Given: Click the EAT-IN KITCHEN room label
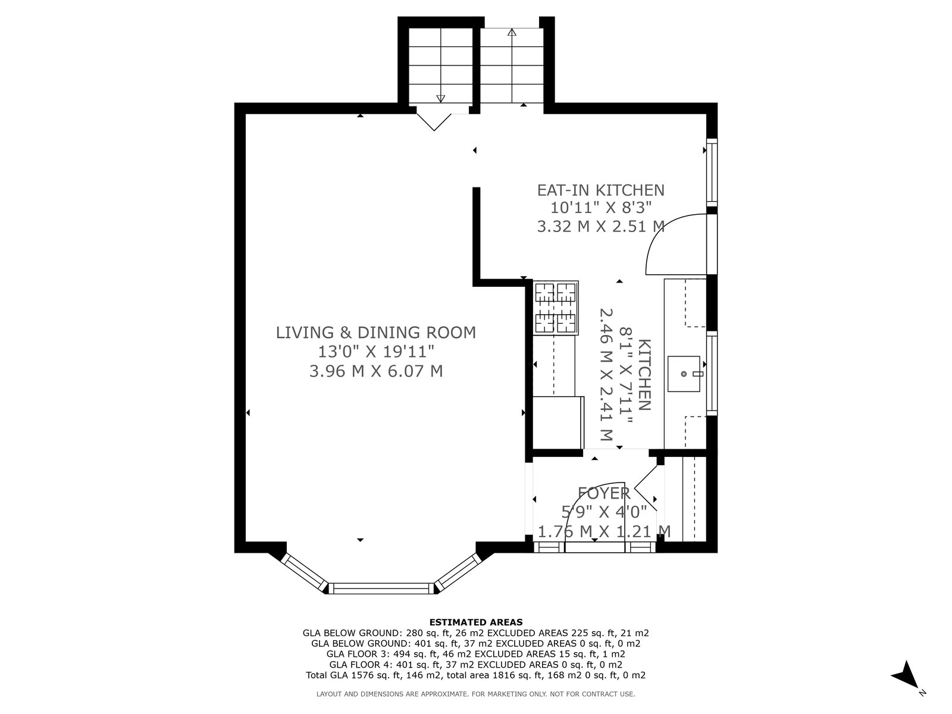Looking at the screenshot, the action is coord(601,190).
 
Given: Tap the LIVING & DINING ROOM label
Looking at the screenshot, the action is coord(376,333).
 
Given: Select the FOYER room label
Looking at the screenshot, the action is coord(604,493).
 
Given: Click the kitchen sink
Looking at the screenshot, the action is coord(684,374).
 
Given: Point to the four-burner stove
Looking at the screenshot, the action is coord(556,308).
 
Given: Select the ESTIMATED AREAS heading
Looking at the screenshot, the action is coord(476,622).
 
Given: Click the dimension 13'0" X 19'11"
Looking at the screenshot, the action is coord(376,352).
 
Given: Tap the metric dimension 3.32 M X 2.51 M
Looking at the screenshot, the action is coord(601,226).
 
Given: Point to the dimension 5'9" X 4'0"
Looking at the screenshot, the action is coord(604,512).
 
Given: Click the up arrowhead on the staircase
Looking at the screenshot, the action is coord(512,32).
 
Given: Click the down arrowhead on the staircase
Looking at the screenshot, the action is coord(441,99).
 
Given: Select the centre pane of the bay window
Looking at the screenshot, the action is coord(381,588).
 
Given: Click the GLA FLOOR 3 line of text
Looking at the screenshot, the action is coord(476,654).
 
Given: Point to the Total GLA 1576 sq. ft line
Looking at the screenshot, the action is coord(476,675).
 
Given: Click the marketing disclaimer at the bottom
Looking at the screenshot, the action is coord(476,694).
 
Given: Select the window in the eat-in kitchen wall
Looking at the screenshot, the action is coord(712,173).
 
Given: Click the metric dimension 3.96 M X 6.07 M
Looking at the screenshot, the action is coord(376,371).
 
